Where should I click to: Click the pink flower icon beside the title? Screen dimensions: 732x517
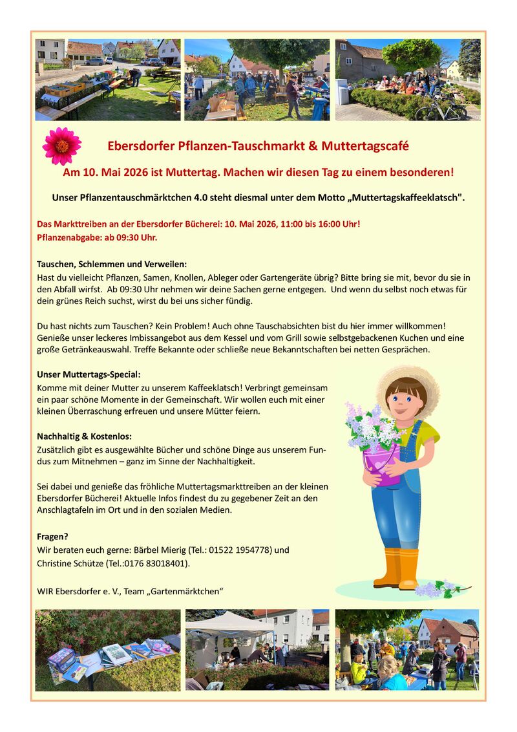click(x=62, y=145)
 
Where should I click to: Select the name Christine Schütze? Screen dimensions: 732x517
click(x=70, y=563)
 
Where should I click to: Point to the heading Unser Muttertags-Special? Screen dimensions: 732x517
click(x=89, y=374)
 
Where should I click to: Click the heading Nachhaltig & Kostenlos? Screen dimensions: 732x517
click(x=84, y=436)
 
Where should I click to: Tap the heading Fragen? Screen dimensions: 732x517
click(x=52, y=536)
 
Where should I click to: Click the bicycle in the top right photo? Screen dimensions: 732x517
click(x=441, y=109)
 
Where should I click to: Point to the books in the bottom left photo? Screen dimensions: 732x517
click(x=110, y=653)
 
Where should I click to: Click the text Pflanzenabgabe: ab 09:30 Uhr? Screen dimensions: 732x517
click(x=97, y=237)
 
